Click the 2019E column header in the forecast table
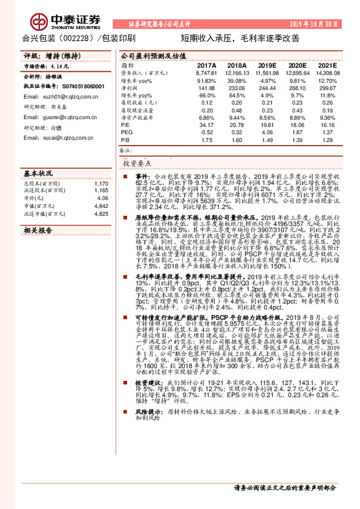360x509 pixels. tap(266, 65)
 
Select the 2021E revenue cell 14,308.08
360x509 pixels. tap(325, 73)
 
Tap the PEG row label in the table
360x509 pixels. tap(126, 132)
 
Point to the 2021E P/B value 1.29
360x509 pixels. tap(327, 140)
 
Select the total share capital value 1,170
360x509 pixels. tap(102, 183)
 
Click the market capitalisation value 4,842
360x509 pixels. tap(101, 206)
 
